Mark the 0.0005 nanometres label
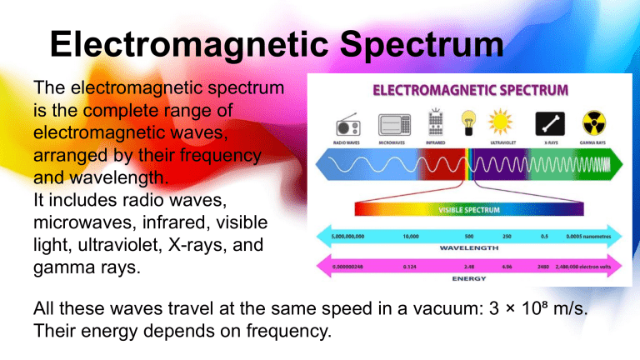point(589,236)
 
